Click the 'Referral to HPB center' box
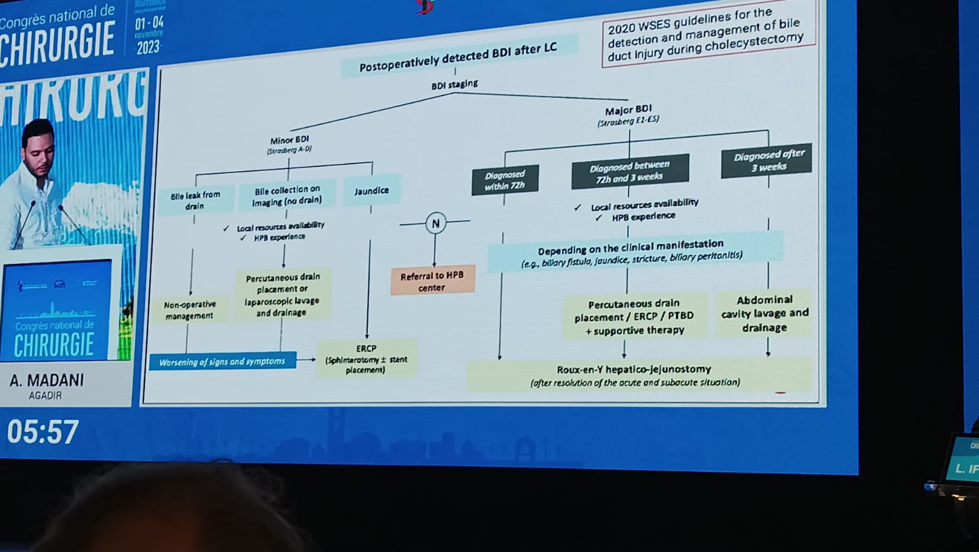pos(432,281)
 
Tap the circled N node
pos(435,223)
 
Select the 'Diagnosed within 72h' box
pos(505,180)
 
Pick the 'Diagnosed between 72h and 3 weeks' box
pos(630,171)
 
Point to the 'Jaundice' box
pos(371,191)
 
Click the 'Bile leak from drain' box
pos(195,200)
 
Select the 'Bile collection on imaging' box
pos(286,195)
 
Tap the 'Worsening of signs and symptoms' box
pos(222,362)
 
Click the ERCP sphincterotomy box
pos(366,359)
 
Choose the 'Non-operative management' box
pos(190,310)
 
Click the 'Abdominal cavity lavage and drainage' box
pos(765,313)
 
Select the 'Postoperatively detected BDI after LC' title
pos(458,56)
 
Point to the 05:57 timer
pos(43,431)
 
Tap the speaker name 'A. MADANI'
pos(47,380)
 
